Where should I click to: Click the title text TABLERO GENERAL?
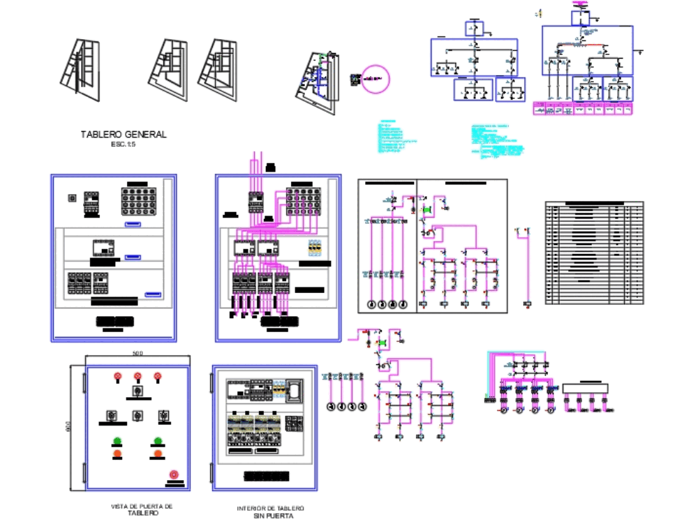pyautogui.click(x=124, y=135)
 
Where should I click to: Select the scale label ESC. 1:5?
pyautogui.click(x=124, y=144)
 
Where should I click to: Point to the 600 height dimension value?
pyautogui.click(x=68, y=426)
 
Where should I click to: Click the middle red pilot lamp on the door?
pyautogui.click(x=138, y=377)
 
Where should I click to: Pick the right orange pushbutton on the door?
pyautogui.click(x=158, y=454)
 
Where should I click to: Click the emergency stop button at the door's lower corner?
pyautogui.click(x=174, y=474)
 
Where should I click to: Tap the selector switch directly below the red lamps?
pyautogui.click(x=138, y=392)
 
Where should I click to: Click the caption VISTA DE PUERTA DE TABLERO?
pyautogui.click(x=142, y=509)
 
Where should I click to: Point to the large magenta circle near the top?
pyautogui.click(x=375, y=79)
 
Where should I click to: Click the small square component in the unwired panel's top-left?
pyautogui.click(x=71, y=197)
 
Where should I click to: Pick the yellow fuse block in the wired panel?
pyautogui.click(x=315, y=249)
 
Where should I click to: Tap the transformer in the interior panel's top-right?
pyautogui.click(x=297, y=391)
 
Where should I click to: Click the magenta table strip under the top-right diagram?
pyautogui.click(x=583, y=109)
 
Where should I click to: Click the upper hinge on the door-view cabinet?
pyautogui.click(x=86, y=382)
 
